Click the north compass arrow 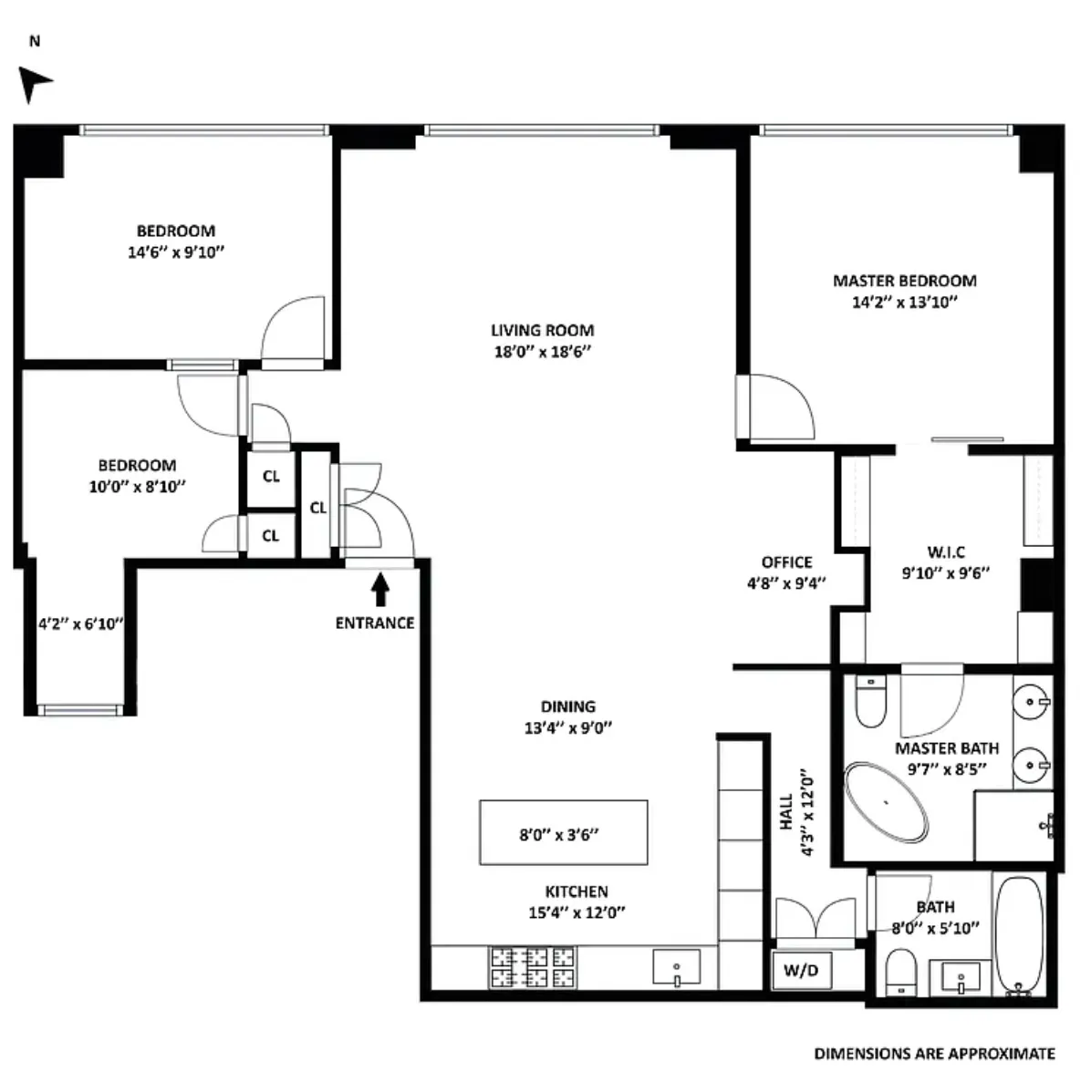point(35,84)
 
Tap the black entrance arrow point(380,590)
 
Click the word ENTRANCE point(374,623)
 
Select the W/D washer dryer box point(801,971)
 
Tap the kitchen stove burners point(534,967)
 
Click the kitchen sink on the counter point(677,967)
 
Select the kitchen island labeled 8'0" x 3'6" point(564,832)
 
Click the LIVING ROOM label point(542,331)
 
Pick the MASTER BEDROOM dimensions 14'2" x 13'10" point(904,304)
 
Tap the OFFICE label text point(786,562)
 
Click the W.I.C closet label point(946,552)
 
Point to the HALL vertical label point(785,811)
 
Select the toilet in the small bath point(901,973)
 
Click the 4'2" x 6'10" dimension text point(80,624)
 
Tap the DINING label point(567,706)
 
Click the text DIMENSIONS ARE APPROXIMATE point(934,1054)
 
